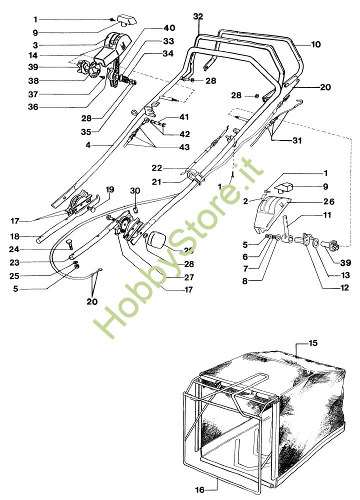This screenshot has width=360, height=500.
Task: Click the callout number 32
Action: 198,16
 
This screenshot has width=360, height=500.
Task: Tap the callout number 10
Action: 315,44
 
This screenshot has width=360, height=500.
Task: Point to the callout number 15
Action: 313,343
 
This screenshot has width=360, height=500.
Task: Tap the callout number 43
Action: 171,147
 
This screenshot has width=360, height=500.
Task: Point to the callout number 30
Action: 135,190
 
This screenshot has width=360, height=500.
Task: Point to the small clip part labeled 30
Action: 134,208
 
